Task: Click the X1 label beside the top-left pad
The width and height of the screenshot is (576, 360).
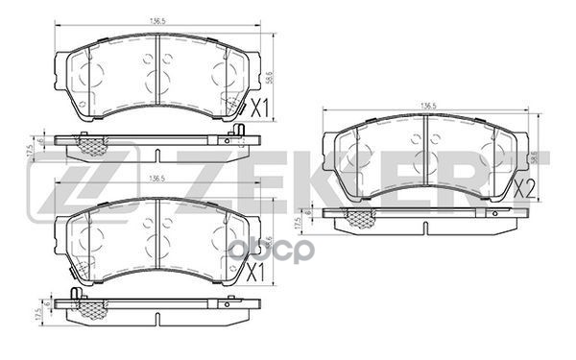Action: click(x=258, y=108)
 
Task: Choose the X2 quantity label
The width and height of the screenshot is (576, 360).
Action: click(x=524, y=188)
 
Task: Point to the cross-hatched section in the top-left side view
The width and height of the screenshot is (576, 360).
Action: click(x=92, y=147)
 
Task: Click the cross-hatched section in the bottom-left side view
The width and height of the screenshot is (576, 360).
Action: click(x=92, y=309)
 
